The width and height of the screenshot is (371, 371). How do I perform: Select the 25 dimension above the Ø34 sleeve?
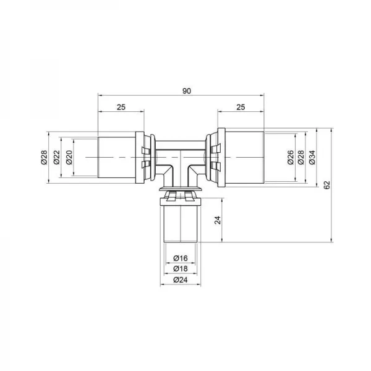[241, 108]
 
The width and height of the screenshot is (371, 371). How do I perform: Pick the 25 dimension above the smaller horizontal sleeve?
[121, 108]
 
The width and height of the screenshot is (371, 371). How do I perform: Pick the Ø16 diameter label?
[181, 258]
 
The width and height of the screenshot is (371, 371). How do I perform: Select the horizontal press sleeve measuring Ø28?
[119, 158]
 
